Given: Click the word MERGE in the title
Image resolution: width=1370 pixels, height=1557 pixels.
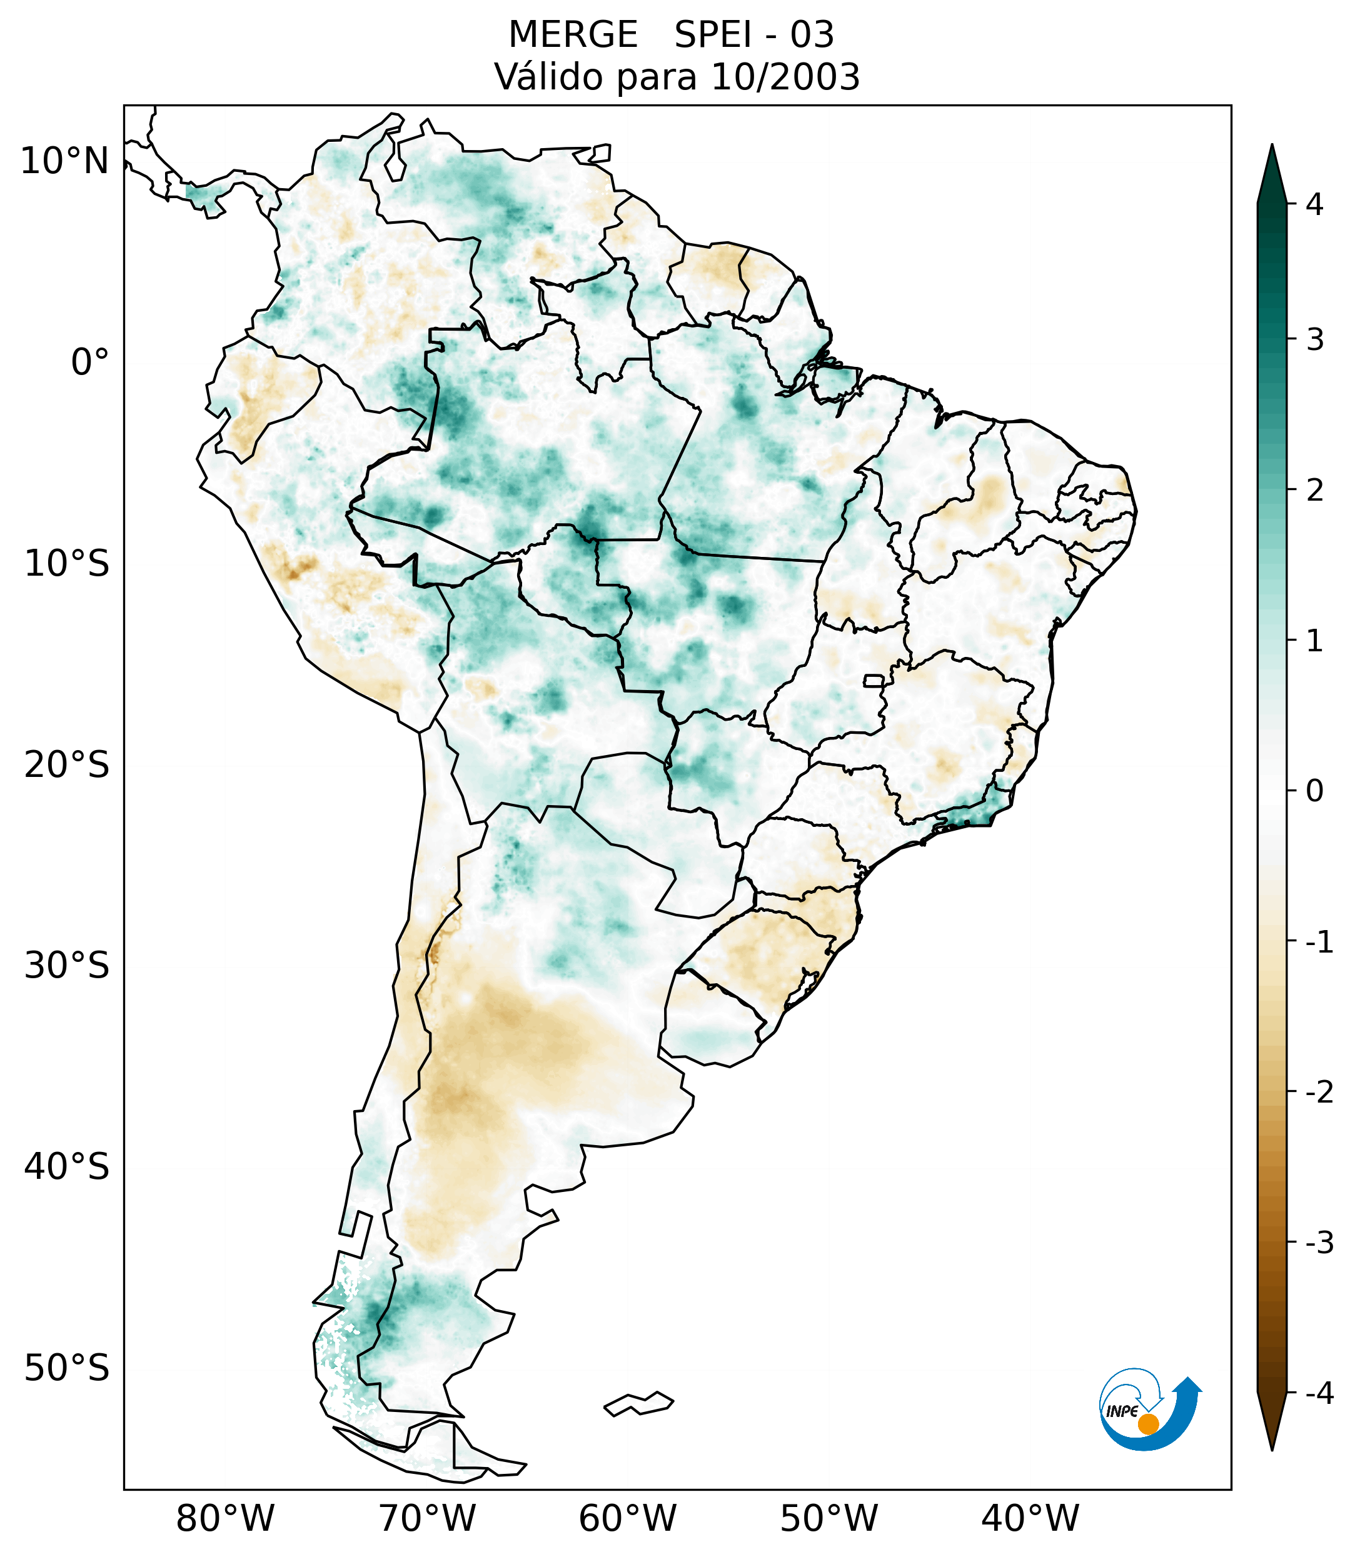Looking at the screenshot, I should coord(572,35).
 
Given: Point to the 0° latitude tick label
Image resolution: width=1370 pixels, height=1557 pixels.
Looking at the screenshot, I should coord(90,363).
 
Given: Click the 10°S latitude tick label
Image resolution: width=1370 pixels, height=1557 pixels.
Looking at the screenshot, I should coord(67,564).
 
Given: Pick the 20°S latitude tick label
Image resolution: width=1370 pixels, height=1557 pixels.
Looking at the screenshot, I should coord(67,765).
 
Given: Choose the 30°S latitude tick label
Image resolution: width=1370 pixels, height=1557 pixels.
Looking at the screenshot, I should coord(67,966).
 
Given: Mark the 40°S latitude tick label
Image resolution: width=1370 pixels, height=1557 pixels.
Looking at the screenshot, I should coord(67,1167).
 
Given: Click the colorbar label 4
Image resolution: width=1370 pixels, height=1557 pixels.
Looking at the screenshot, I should coord(1314,204).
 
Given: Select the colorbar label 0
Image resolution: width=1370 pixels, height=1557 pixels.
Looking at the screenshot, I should coord(1314,791).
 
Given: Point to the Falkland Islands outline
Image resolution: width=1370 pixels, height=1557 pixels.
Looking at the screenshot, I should coord(638,1403).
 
